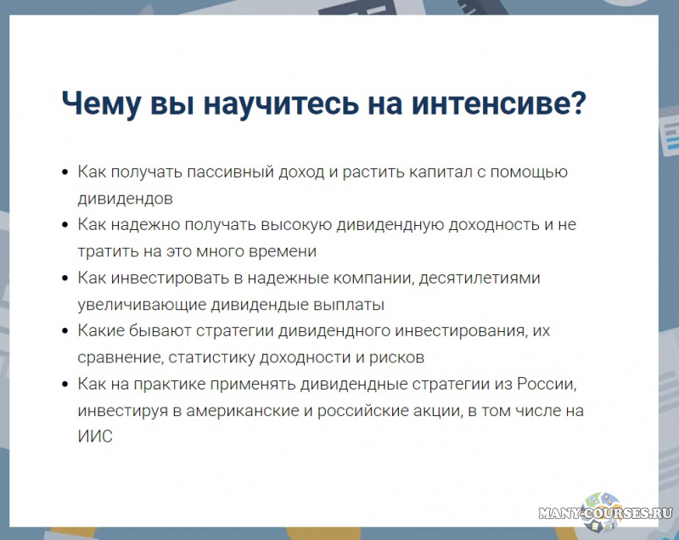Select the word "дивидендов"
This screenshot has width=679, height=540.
[126, 199]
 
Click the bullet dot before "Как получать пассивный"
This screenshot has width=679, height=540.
[65, 173]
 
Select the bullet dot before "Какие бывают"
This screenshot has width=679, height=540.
[65, 332]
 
